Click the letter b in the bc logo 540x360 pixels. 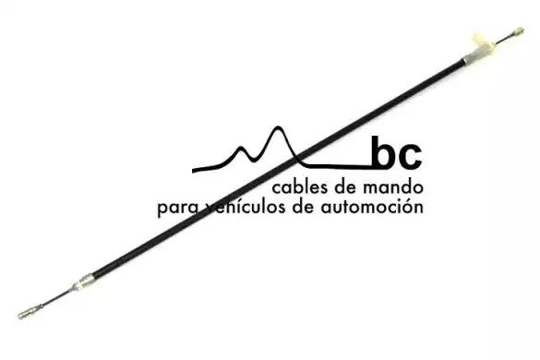(384, 152)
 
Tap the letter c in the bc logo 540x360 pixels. (410, 157)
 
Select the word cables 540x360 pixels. (299, 187)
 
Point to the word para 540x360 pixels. (178, 210)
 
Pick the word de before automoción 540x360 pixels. (304, 207)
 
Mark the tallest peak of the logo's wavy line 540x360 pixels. (278, 127)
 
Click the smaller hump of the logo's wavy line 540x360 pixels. (241, 148)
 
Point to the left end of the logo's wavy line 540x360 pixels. (193, 170)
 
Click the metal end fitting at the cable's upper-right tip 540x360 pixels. (518, 31)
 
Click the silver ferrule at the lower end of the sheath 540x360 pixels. (84, 282)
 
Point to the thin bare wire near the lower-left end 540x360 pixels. (55, 297)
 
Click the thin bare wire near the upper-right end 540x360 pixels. (503, 40)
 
